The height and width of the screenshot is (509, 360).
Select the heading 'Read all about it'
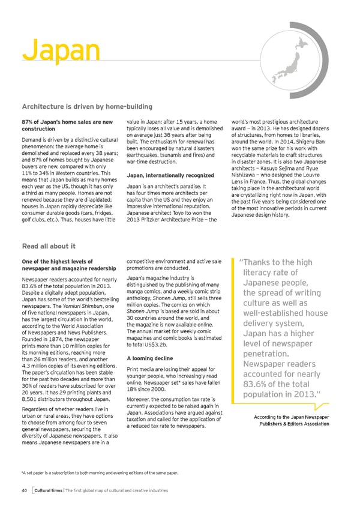point(48,245)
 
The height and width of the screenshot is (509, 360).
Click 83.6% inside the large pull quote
point(259,385)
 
